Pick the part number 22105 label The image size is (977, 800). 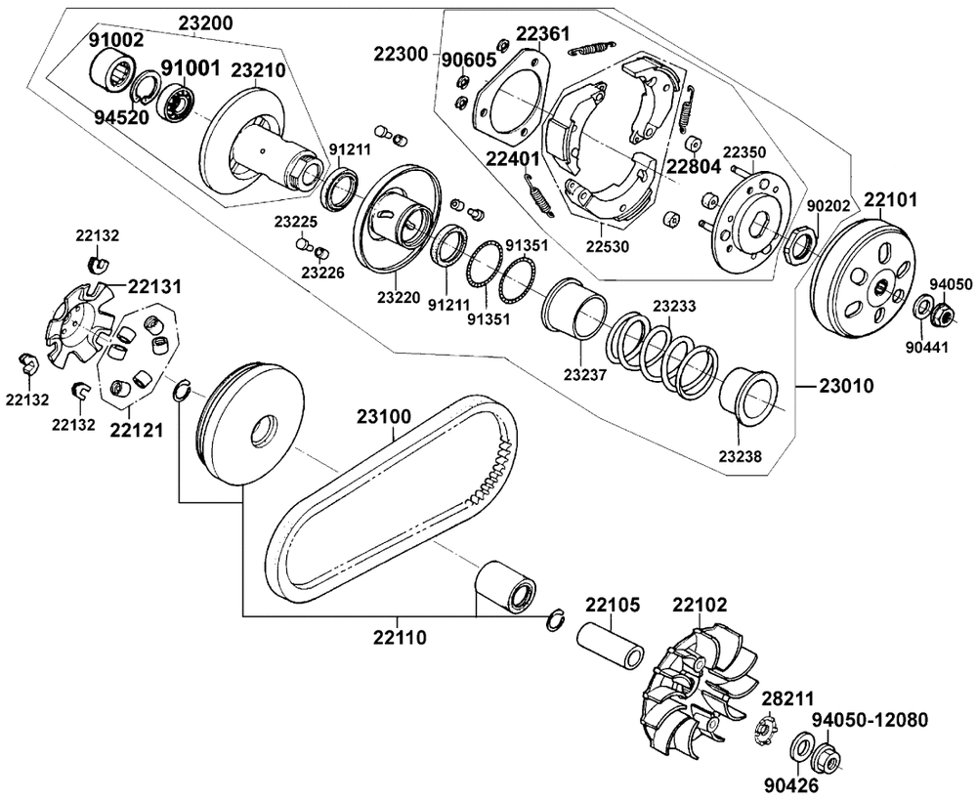[612, 605]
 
